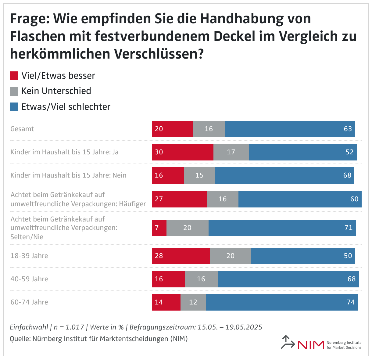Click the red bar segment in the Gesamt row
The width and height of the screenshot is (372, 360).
(172, 129)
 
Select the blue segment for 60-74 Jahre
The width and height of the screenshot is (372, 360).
(282, 302)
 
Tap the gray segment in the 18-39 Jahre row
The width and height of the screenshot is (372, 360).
(231, 256)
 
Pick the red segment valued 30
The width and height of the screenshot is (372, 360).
(183, 152)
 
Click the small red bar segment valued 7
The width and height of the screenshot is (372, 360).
(159, 228)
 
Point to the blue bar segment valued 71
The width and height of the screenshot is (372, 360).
(282, 228)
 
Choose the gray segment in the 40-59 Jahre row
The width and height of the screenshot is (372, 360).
(201, 279)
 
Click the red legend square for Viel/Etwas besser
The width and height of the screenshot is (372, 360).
(14, 76)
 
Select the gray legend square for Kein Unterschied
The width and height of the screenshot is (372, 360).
(14, 91)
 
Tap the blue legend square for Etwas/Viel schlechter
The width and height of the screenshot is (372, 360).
(14, 107)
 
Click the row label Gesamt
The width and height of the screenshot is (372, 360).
(22, 129)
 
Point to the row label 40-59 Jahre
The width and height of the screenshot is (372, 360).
(29, 279)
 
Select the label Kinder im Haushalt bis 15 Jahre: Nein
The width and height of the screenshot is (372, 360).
(68, 175)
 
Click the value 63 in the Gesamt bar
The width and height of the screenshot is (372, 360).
(348, 129)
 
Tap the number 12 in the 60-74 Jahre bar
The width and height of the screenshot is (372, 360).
(193, 302)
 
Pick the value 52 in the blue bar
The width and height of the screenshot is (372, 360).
(349, 152)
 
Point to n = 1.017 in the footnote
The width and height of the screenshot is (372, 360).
(69, 327)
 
